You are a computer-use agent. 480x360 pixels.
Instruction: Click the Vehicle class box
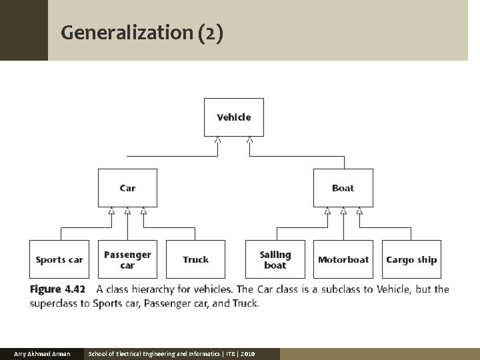pos(233,117)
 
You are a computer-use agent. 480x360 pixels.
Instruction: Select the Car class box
pos(127,188)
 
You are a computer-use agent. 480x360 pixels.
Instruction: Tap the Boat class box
pos(343,188)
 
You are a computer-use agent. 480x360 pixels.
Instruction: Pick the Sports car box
pos(59,259)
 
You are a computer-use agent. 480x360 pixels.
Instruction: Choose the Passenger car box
pos(127,259)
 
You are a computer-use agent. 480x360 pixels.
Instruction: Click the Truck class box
pos(195,259)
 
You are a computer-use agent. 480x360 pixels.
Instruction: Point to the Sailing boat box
pos(275,259)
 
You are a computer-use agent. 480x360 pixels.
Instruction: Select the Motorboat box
pos(343,259)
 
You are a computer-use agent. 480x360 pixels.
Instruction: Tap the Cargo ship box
pos(411,259)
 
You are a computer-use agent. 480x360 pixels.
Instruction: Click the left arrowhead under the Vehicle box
pos(218,140)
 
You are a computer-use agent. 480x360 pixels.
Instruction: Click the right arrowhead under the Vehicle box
pos(249,140)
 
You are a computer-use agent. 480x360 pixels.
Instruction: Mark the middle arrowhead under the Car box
pos(127,211)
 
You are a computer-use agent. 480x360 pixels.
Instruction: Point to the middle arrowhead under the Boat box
pos(343,211)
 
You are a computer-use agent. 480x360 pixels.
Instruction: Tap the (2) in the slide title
pos(210,32)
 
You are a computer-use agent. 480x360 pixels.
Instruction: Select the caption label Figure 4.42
pos(58,289)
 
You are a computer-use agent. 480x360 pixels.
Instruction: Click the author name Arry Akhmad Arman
pos(42,353)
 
